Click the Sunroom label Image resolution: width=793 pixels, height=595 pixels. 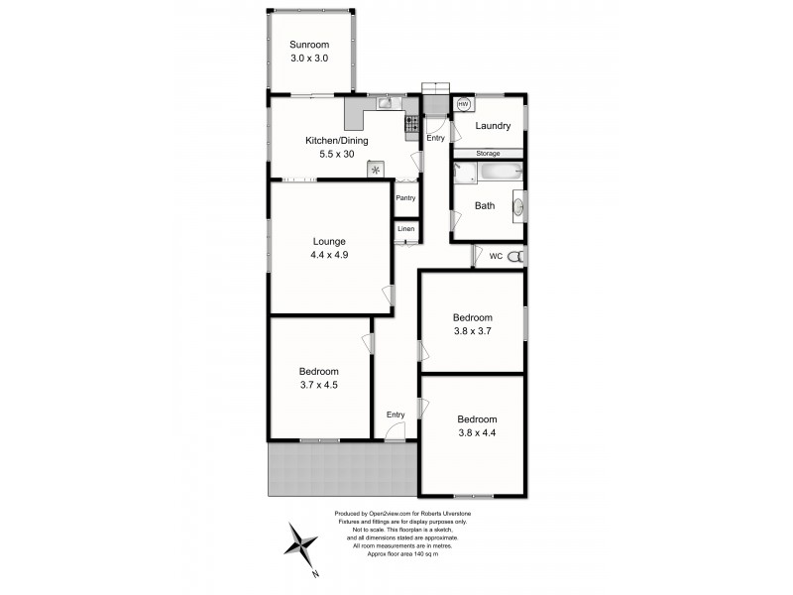click(x=308, y=45)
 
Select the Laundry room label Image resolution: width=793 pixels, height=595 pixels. click(x=493, y=126)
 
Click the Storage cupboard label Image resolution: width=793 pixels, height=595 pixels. click(x=488, y=154)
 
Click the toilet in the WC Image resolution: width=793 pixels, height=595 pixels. click(x=513, y=257)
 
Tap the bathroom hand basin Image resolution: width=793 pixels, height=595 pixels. click(x=517, y=207)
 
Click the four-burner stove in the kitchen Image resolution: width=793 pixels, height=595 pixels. click(x=410, y=124)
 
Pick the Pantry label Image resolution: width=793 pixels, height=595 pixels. click(x=405, y=198)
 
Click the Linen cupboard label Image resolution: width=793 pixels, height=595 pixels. click(x=405, y=230)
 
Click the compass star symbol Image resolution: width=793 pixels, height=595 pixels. click(x=301, y=544)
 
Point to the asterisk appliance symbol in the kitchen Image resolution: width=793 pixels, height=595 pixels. click(x=376, y=171)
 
